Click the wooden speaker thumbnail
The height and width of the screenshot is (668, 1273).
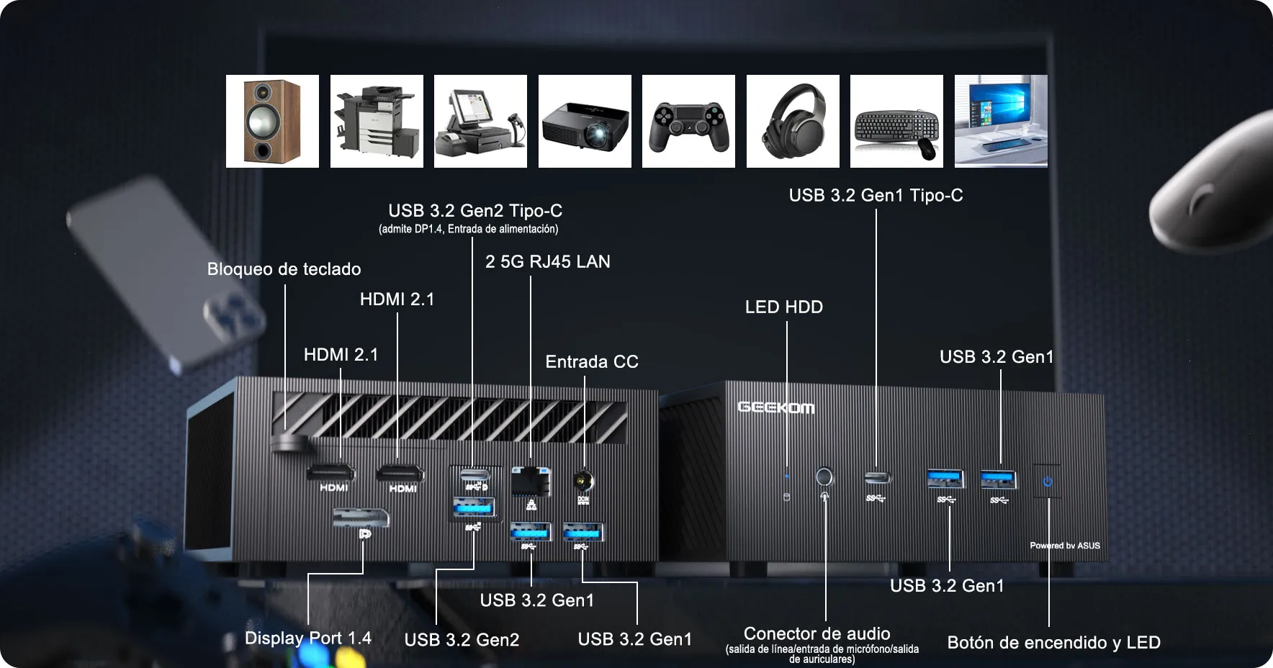point(272,121)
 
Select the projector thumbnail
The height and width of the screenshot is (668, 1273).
point(585,121)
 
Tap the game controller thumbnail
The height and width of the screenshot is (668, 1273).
point(688,121)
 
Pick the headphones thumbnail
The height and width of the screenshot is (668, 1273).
point(793,121)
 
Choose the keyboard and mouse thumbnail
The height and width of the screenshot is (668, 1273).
point(896,121)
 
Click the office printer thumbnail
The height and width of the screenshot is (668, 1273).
point(377,121)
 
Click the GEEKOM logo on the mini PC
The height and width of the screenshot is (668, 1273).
point(775,407)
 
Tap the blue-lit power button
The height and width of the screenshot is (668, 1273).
point(1047,482)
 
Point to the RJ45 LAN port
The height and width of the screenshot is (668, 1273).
point(531,480)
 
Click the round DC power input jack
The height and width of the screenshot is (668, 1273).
point(583,480)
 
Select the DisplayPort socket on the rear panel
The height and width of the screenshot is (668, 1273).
point(361,517)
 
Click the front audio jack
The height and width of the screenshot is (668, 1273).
point(824,477)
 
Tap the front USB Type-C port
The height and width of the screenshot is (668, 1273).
point(877,477)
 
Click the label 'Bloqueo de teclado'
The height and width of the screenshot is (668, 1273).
point(284,269)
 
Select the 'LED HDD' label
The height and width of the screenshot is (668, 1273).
point(784,307)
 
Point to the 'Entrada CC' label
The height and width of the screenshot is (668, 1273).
point(592,361)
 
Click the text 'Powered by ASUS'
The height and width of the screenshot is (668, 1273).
point(1065,546)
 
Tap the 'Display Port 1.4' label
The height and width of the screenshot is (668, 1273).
point(308,638)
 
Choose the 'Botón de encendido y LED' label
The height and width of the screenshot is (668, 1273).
point(1054,642)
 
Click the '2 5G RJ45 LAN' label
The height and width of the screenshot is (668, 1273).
point(548,262)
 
